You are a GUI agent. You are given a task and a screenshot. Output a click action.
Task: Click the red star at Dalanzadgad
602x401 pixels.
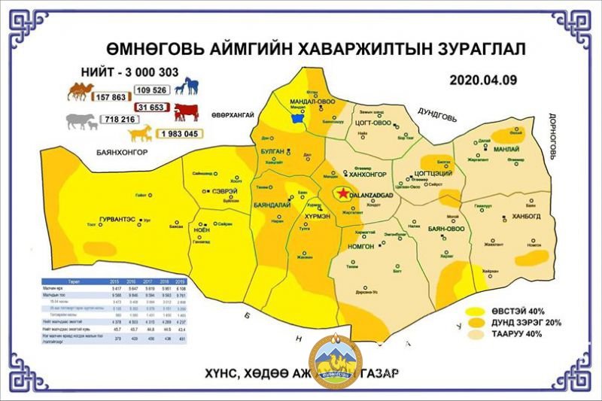(344, 194)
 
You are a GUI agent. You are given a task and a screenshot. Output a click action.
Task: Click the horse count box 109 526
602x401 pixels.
(154, 90)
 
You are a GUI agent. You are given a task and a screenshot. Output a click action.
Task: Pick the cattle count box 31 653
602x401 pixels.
(154, 108)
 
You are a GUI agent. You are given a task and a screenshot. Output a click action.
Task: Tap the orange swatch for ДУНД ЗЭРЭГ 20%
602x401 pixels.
(477, 322)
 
